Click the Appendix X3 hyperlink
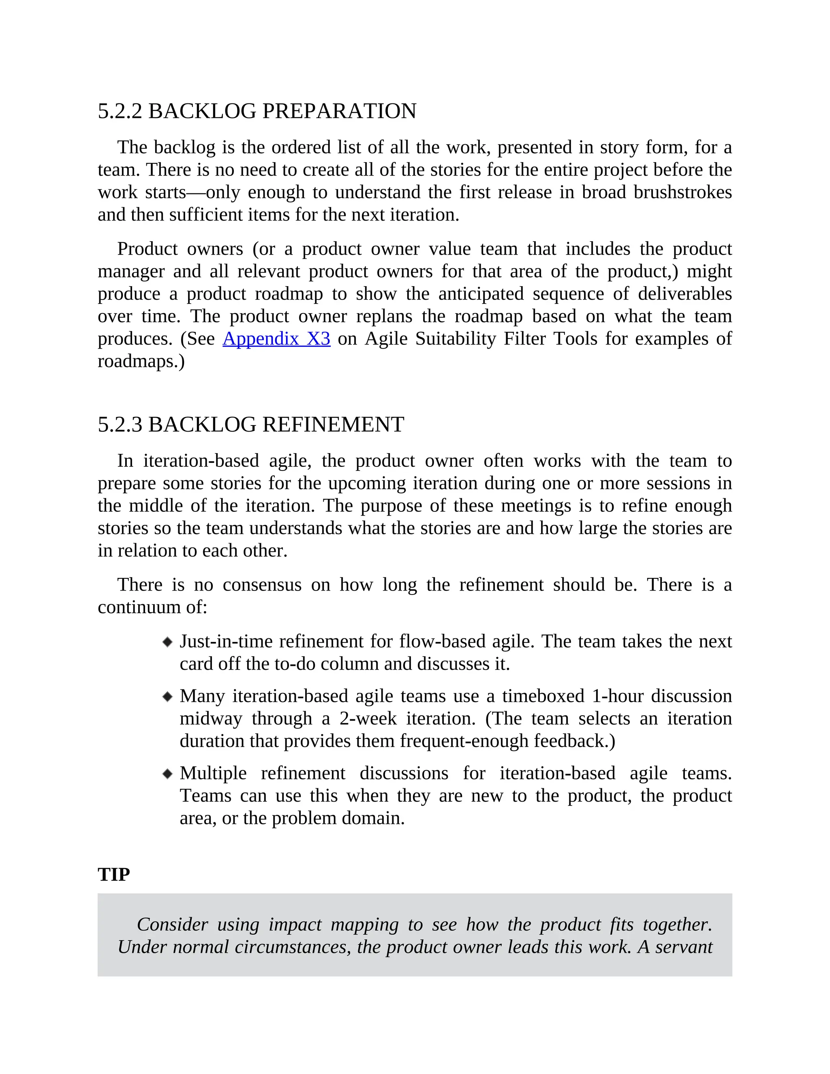tap(276, 339)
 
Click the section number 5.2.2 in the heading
tap(120, 111)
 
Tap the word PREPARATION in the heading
tap(339, 111)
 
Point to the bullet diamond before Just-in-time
tap(168, 642)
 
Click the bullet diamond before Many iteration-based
tap(168, 696)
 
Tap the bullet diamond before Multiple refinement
tap(168, 774)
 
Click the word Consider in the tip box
tap(172, 924)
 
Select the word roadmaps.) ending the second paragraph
tap(141, 362)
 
